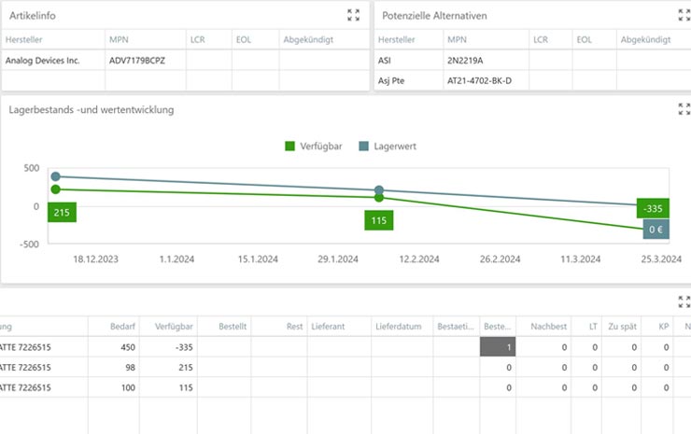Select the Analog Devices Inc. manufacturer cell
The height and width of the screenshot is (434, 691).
coord(43,60)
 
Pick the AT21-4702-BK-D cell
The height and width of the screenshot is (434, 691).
coord(485,80)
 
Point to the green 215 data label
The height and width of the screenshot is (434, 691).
coord(62,213)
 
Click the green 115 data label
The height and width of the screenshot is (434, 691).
coord(378,220)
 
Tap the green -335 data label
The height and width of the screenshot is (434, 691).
coord(654,208)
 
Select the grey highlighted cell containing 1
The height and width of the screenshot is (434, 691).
coord(498,347)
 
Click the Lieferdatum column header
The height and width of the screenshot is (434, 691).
coord(400,327)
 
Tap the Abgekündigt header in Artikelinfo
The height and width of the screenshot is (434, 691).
coord(311,39)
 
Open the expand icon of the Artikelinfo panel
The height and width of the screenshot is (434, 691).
coord(353,15)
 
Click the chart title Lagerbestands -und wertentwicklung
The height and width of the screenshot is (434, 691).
coord(92,109)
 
